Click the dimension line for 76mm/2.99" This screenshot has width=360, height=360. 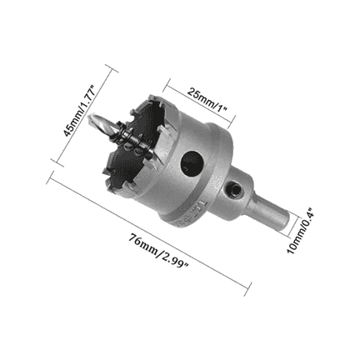[150, 233]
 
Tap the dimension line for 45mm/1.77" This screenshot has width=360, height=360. [90, 117]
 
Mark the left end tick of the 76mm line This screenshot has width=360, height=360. [51, 177]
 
